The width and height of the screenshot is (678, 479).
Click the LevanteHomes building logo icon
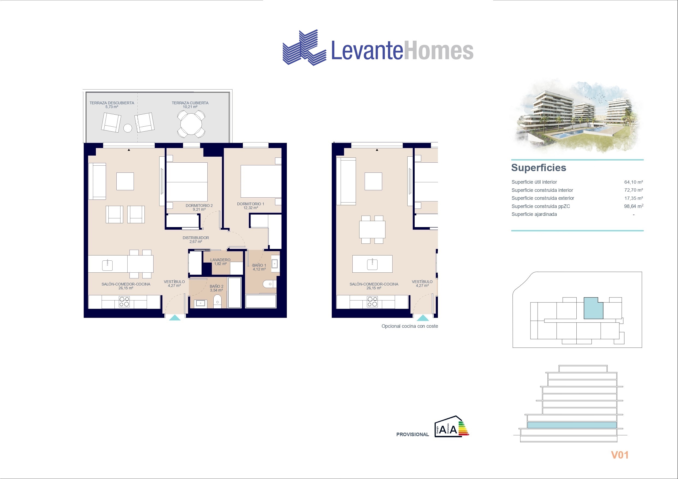point(305,47)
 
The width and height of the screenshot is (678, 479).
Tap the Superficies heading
point(539,168)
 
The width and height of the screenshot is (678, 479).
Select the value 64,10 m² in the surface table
point(633,182)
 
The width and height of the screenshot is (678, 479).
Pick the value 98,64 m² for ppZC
point(633,206)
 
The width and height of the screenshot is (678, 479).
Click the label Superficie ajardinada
point(534,214)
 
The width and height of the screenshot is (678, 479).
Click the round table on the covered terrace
point(191,124)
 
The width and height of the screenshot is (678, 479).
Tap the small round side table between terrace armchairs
point(128,128)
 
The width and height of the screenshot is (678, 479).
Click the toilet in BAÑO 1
point(269,284)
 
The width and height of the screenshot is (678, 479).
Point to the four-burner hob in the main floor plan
point(124,302)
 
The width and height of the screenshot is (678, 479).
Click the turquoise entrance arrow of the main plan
point(175,318)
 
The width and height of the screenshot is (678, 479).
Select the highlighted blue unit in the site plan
point(593,308)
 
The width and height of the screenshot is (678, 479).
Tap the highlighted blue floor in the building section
point(572,425)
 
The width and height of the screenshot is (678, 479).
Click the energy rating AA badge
point(452,427)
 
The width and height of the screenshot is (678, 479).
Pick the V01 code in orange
point(620,455)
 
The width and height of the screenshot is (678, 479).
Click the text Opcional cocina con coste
point(409,326)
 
